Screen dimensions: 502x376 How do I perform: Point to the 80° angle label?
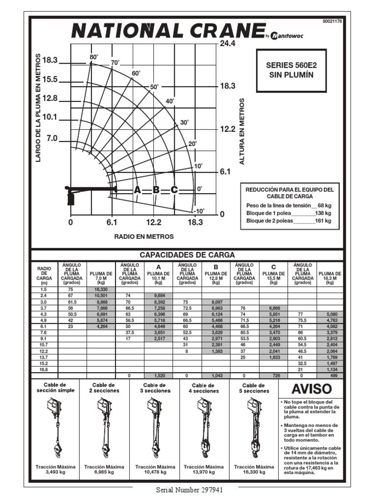(x=94, y=57)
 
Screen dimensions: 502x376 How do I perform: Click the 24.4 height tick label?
(x=228, y=44)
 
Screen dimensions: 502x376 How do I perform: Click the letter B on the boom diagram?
(x=156, y=190)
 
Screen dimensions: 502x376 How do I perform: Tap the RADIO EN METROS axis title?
(x=143, y=236)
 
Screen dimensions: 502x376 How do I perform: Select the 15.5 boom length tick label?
(x=50, y=79)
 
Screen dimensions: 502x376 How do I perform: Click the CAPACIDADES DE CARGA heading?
(x=187, y=255)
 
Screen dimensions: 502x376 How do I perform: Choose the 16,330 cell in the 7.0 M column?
(x=101, y=290)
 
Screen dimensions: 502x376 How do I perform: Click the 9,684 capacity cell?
(x=159, y=296)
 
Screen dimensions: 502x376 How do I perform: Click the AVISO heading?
(x=311, y=390)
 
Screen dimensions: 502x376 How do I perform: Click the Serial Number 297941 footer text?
(x=189, y=490)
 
